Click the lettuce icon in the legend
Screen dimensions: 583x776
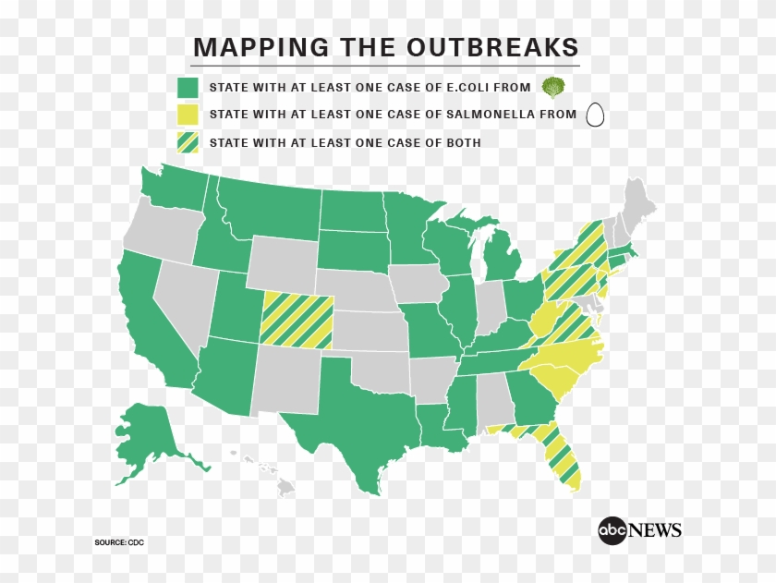(x=553, y=88)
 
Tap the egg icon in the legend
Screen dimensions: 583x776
(x=595, y=115)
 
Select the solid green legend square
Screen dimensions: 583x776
(x=188, y=88)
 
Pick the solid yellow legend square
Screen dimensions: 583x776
(x=188, y=115)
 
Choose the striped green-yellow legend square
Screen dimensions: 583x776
(x=188, y=143)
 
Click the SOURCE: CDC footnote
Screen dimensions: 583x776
(x=119, y=541)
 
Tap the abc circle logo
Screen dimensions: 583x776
(x=612, y=530)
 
